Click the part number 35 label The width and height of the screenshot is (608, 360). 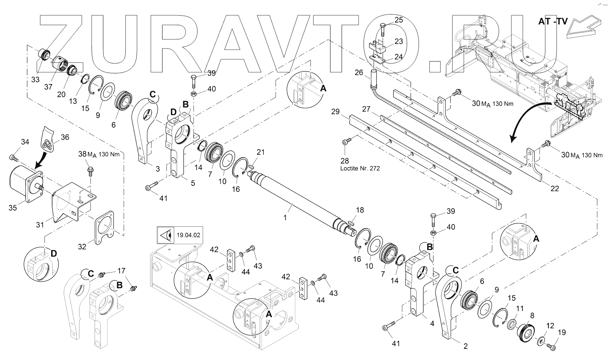click(x=13, y=208)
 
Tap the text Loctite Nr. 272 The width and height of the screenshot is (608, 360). click(x=359, y=168)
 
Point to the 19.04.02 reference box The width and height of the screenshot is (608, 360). click(x=179, y=235)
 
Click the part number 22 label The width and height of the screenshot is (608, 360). click(x=555, y=189)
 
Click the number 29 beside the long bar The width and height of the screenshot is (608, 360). click(x=335, y=112)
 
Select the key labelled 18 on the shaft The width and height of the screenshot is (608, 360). click(x=351, y=220)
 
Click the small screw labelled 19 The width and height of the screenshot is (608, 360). click(x=550, y=346)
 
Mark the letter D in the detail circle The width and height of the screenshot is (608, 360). click(x=53, y=254)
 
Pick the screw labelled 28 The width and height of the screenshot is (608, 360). click(x=346, y=142)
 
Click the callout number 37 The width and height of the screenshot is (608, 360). click(x=48, y=87)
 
